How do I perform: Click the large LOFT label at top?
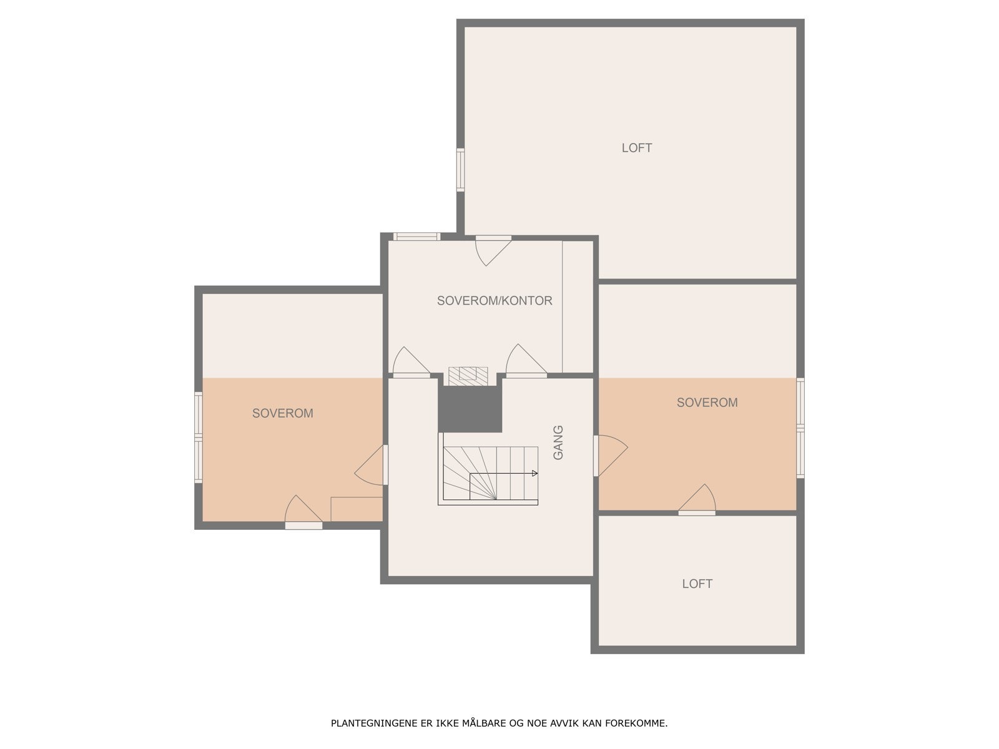636,148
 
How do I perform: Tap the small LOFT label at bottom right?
697,584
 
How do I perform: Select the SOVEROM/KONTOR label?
495,301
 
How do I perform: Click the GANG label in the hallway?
558,443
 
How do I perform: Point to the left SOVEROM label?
282,413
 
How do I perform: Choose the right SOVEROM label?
707,403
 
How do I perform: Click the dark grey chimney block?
470,409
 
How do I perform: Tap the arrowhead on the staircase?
534,473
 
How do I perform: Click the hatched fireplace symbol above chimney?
468,374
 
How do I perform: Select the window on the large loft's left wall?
461,169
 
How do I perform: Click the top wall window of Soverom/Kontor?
417,237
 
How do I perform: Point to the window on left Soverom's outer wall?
199,438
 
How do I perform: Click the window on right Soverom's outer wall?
800,428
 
